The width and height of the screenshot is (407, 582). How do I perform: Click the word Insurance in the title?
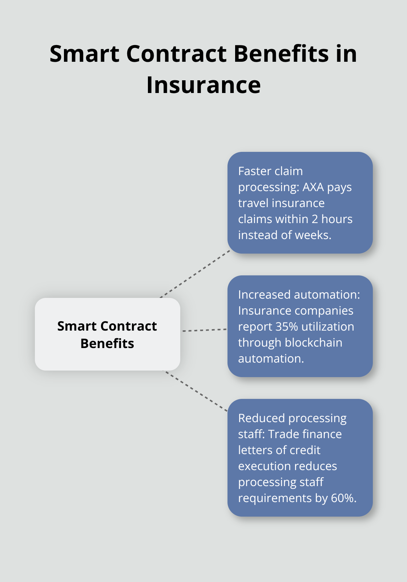[x=203, y=85]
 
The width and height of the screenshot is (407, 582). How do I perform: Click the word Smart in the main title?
[x=84, y=54]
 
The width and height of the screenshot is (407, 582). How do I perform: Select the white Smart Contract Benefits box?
[x=107, y=334]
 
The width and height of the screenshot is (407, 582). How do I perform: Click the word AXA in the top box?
[x=313, y=187]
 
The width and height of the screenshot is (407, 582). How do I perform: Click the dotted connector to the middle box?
[x=204, y=330]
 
